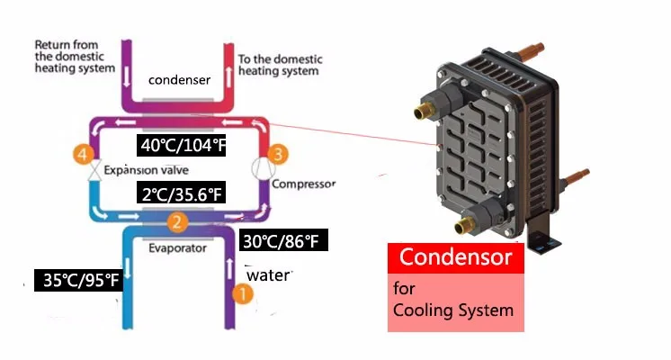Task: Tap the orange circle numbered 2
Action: coord(179,222)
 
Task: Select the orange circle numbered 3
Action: coord(279,156)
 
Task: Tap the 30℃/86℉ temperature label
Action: coord(279,241)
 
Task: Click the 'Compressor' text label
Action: coord(303,184)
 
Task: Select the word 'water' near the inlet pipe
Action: coord(268,275)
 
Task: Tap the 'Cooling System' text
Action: coord(453,310)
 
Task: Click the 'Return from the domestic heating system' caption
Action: coord(75,56)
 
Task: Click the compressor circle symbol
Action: coord(260,169)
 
